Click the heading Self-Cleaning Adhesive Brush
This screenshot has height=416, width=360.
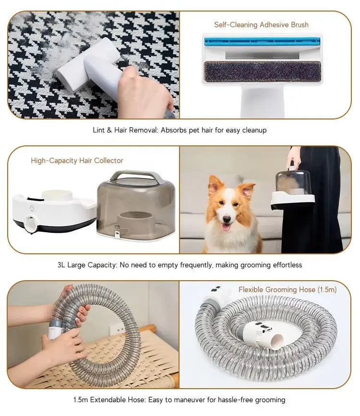pyautogui.click(x=261, y=24)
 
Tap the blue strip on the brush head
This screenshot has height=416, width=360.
pyautogui.click(x=262, y=42)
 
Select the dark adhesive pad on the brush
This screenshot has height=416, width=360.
pyautogui.click(x=262, y=71)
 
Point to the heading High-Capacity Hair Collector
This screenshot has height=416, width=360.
pyautogui.click(x=77, y=161)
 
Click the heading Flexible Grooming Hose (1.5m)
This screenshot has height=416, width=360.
pyautogui.click(x=288, y=289)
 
